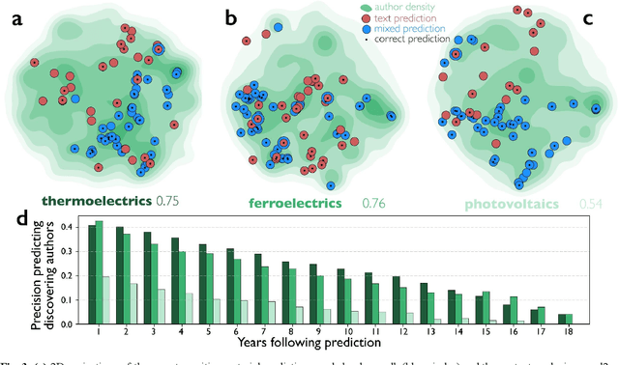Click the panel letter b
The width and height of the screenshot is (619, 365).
tap(229, 16)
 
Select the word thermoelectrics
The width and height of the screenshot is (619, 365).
tap(96, 202)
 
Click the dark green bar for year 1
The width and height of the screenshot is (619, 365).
tap(92, 274)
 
